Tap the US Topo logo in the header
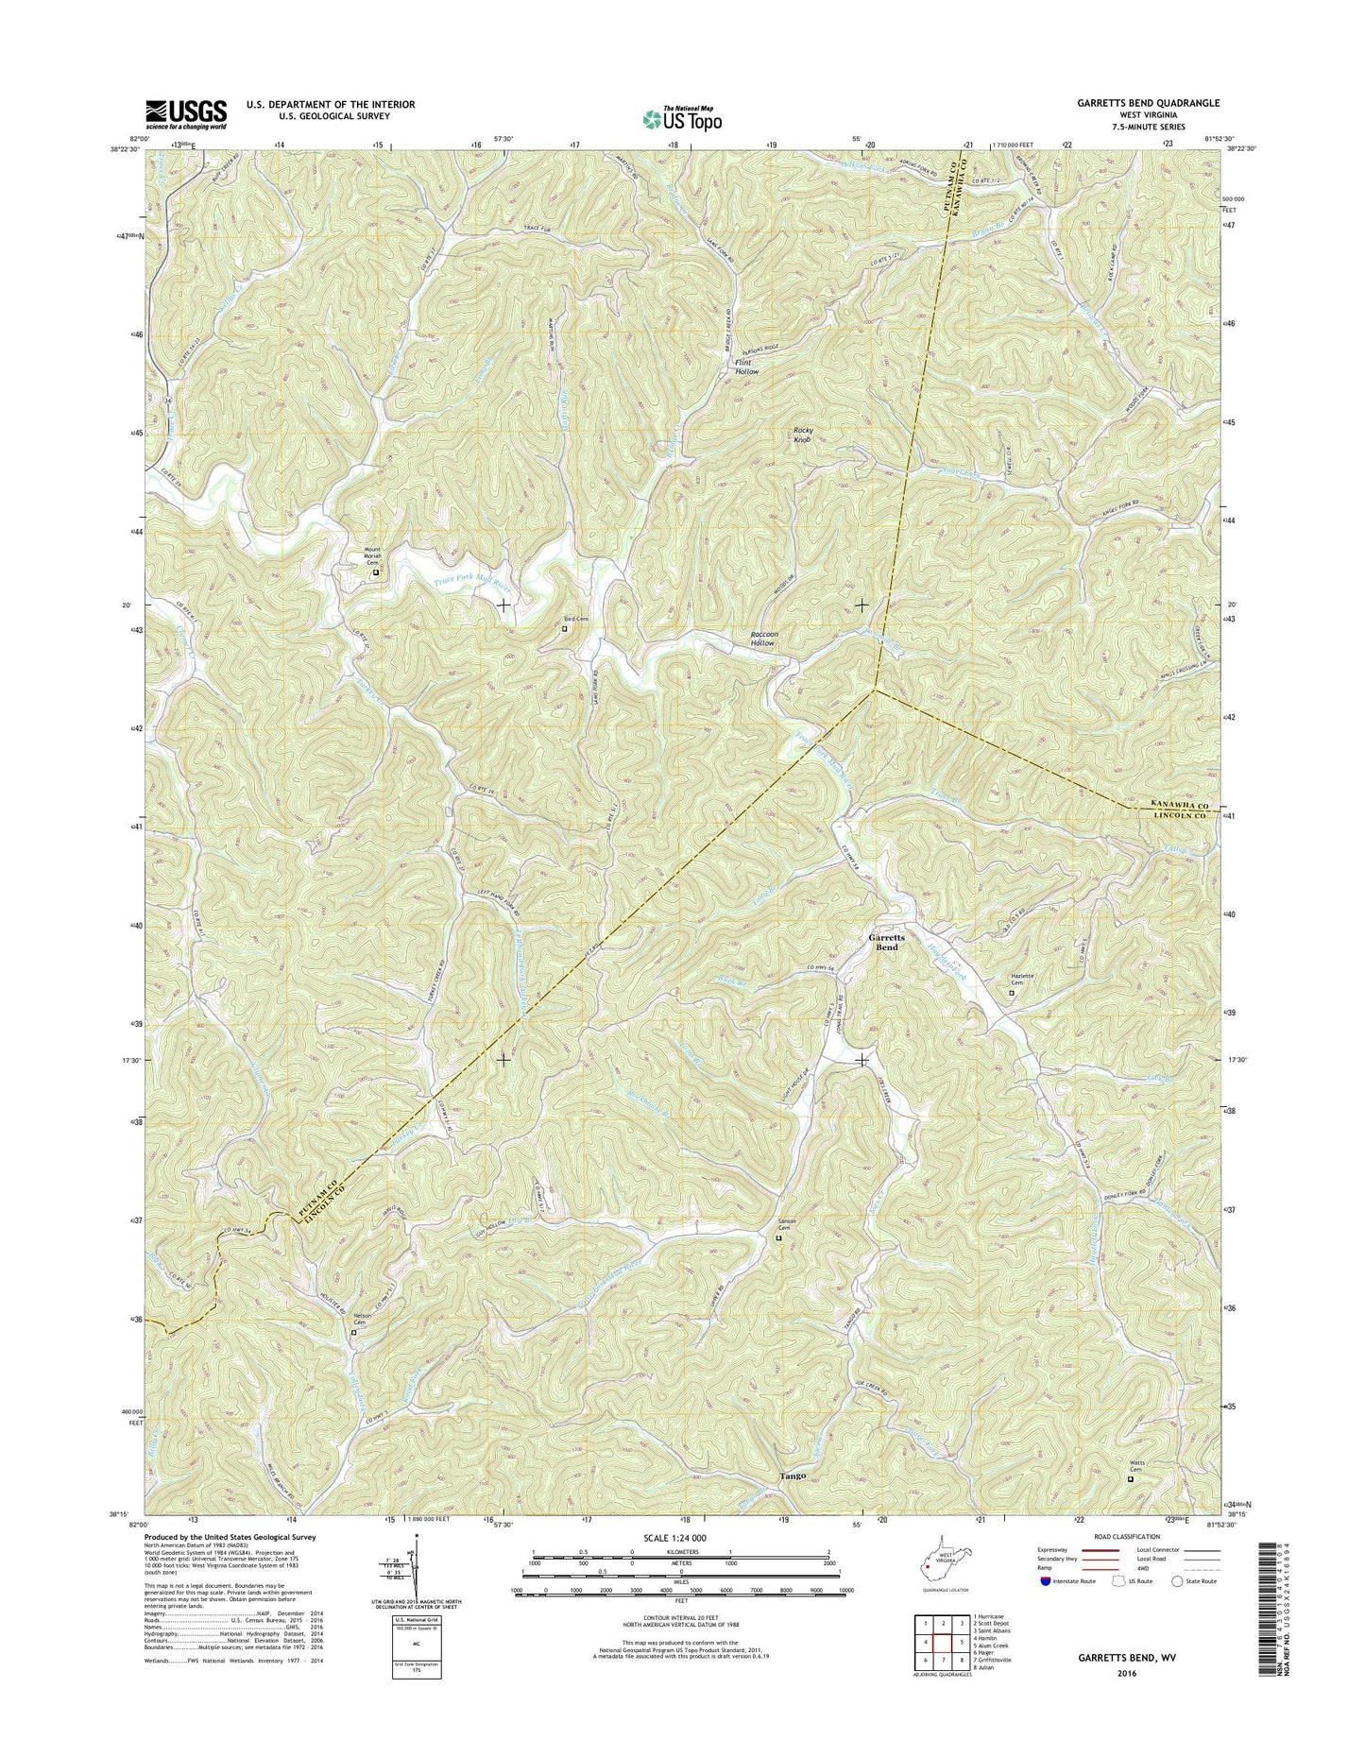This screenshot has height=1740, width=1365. [682, 118]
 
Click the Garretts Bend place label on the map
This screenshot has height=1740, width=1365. [886, 942]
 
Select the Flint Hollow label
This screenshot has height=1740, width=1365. [747, 367]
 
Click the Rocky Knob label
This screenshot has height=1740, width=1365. [802, 435]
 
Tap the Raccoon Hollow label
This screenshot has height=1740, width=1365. [756, 638]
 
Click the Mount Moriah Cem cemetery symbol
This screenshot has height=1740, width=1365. [375, 572]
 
